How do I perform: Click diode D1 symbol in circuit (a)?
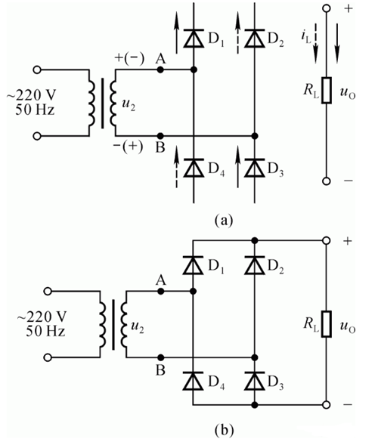click(194, 36)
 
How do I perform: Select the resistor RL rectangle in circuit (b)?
click(326, 322)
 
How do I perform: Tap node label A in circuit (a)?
click(160, 57)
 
